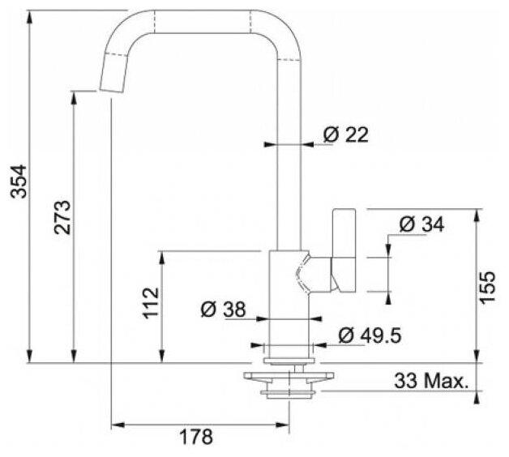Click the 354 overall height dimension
[19, 182]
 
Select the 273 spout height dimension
[62, 217]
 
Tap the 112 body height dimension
[152, 303]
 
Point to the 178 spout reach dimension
[196, 437]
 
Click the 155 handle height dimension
[487, 288]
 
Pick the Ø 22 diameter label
[346, 135]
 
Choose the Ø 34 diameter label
[421, 224]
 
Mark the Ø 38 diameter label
[223, 309]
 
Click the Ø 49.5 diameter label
[370, 335]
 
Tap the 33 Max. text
[432, 381]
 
